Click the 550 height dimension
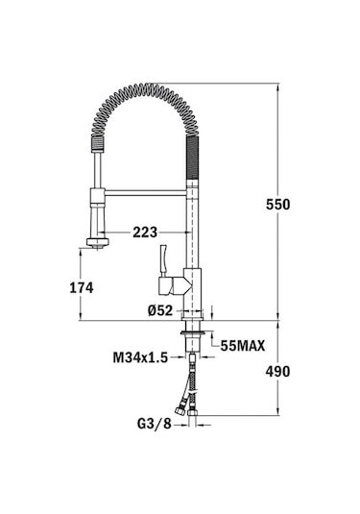pos(278,204)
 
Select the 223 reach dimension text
pos(146,232)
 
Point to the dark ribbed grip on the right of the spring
pos(192,163)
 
